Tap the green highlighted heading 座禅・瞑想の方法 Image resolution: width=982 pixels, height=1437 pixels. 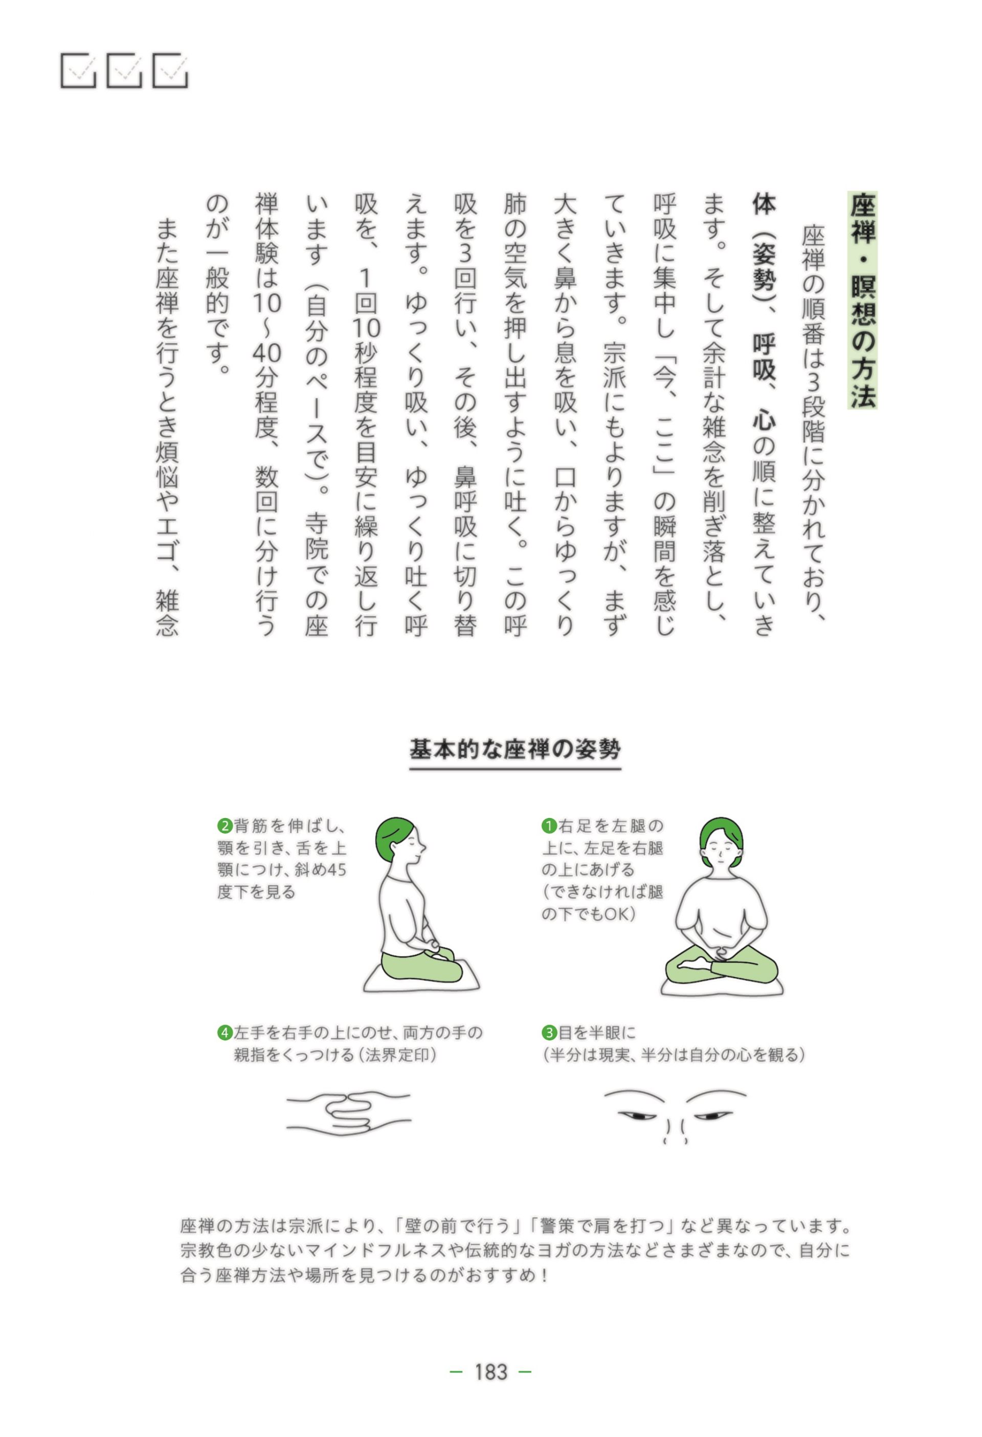(863, 300)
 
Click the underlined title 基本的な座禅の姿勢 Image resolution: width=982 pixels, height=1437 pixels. (515, 749)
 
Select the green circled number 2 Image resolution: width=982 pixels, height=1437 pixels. (225, 825)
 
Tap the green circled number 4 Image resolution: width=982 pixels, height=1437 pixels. (225, 1033)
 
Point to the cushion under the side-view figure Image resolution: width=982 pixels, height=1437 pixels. (421, 978)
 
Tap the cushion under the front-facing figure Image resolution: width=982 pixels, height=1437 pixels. (722, 986)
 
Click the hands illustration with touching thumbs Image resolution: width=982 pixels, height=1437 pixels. (348, 1113)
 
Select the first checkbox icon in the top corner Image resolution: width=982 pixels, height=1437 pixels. (78, 71)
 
